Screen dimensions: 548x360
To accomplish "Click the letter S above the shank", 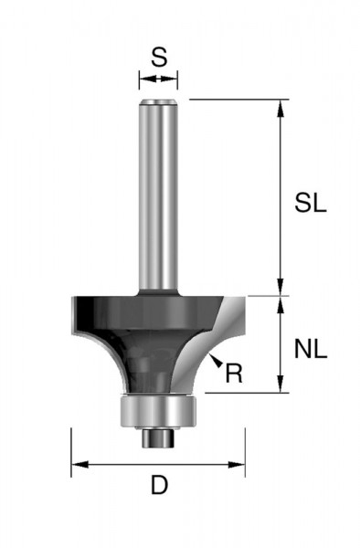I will pyautogui.click(x=158, y=58).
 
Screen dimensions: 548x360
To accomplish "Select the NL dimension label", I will pyautogui.click(x=312, y=347).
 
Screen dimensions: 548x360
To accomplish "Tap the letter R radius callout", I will pyautogui.click(x=233, y=373).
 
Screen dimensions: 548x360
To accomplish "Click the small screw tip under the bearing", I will pyautogui.click(x=157, y=438).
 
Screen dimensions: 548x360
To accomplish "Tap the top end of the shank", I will pyautogui.click(x=157, y=100).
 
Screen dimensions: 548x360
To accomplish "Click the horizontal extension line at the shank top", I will pyautogui.click(x=228, y=99).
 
